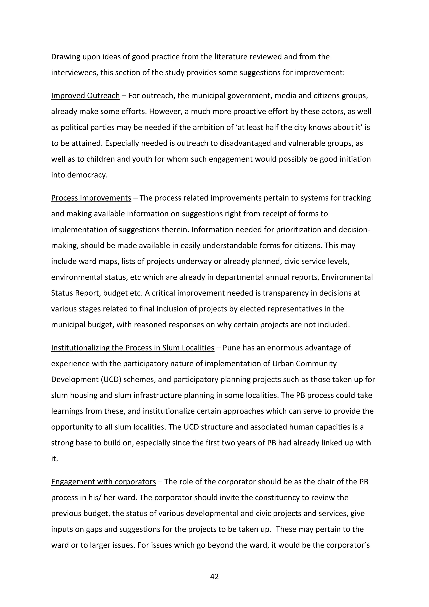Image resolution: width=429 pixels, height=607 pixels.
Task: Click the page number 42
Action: point(214,576)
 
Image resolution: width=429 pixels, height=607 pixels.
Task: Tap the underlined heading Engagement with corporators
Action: point(103,482)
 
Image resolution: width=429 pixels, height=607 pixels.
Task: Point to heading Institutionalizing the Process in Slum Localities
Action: point(133,348)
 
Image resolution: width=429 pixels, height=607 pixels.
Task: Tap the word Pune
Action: point(231,348)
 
